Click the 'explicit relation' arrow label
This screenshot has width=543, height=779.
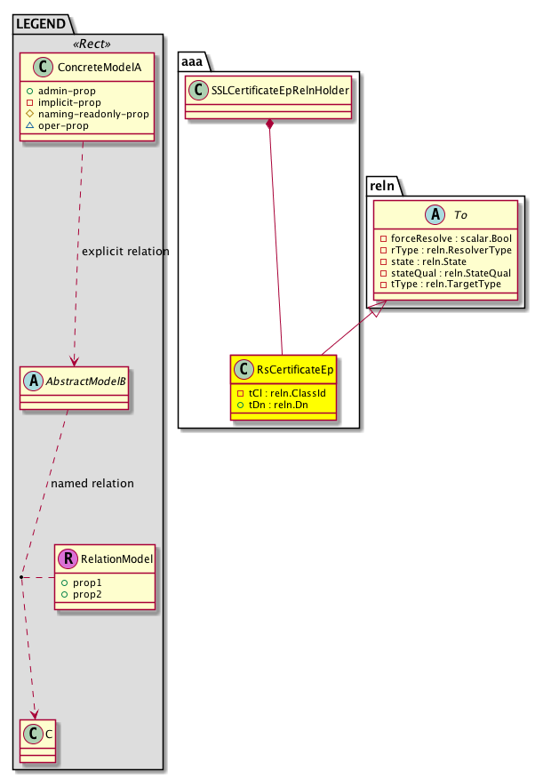tap(124, 252)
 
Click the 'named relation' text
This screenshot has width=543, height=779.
tap(92, 484)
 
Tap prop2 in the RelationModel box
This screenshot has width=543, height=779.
tap(88, 593)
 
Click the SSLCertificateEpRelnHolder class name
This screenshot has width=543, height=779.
tap(275, 90)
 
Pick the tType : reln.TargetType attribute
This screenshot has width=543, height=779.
tap(439, 284)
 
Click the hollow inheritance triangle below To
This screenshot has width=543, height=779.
tap(377, 310)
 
